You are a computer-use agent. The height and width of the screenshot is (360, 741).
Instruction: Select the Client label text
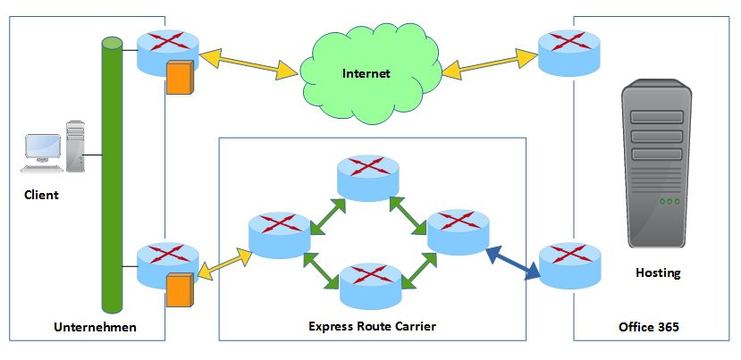41,195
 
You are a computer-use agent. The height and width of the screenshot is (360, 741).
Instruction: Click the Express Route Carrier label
372,327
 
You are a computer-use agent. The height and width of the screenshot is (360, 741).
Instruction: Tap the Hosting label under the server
657,273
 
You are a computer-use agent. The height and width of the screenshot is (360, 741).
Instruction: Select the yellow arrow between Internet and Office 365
487,65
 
